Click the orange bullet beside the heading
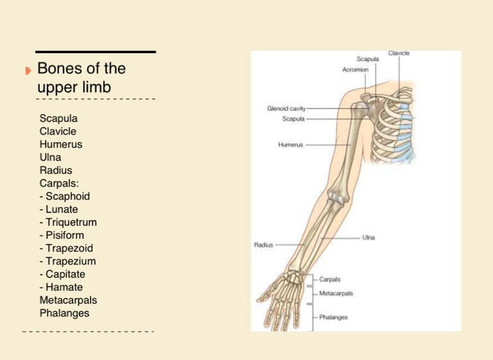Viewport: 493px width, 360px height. tap(28, 70)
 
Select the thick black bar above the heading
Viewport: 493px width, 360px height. tap(95, 52)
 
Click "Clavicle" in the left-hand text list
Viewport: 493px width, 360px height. tap(58, 132)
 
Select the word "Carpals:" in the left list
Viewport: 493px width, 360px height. tap(58, 184)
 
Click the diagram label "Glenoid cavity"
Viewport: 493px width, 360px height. tap(286, 108)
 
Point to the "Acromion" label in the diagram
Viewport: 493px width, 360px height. tap(354, 70)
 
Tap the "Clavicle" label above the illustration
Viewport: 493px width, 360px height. tap(399, 53)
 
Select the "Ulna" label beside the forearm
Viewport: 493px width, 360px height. tap(368, 237)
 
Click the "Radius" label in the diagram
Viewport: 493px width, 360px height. tap(264, 244)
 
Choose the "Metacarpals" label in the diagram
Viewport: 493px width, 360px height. tap(336, 294)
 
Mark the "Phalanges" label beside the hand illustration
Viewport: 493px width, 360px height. tap(334, 317)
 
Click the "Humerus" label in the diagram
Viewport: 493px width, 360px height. tap(291, 145)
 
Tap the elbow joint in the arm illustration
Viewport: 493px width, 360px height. tap(333, 205)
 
